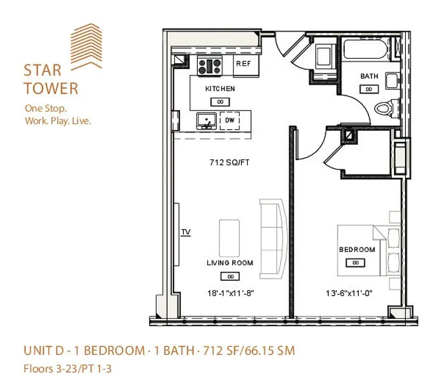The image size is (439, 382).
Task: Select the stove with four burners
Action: (210, 65)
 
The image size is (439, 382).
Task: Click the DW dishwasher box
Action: (230, 120)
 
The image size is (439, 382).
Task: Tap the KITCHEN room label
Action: (220, 89)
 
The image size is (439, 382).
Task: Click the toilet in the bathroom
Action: (385, 108)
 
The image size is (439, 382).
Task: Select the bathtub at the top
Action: (365, 49)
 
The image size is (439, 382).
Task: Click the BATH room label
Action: (369, 76)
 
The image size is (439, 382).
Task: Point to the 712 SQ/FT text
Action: (230, 163)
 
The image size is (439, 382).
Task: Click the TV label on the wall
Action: (186, 232)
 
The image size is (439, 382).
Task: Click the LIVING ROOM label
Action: (230, 263)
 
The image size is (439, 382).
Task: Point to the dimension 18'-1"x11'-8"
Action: (230, 294)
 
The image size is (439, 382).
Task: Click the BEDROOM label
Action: (356, 249)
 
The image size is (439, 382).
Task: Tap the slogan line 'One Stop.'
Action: (45, 108)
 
